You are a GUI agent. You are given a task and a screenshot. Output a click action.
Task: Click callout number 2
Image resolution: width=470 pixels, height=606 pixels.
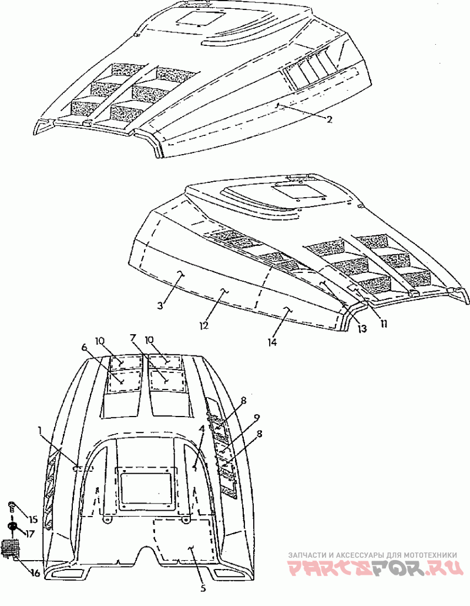(329, 119)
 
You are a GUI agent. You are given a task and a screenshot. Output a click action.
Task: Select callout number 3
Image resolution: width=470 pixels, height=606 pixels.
(160, 305)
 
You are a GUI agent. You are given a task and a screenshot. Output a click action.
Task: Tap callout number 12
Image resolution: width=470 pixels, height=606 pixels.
(204, 325)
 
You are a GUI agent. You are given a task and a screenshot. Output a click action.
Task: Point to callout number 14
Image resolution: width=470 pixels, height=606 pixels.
(272, 342)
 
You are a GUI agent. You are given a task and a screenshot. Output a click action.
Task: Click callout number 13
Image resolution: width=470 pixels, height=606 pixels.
(362, 328)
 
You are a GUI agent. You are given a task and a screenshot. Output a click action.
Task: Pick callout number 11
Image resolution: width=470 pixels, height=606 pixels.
(384, 324)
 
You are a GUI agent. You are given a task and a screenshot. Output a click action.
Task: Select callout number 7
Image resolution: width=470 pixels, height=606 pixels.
(133, 338)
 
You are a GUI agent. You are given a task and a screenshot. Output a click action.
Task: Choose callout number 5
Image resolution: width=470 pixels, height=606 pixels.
(203, 588)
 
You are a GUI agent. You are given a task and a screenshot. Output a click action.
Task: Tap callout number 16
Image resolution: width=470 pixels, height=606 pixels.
(35, 573)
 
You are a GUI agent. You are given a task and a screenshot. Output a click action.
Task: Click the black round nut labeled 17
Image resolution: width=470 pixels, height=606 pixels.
(13, 526)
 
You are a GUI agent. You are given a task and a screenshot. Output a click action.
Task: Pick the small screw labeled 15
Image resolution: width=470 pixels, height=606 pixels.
(12, 505)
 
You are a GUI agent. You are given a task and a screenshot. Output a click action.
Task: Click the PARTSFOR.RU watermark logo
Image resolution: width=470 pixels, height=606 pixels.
(375, 568)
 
